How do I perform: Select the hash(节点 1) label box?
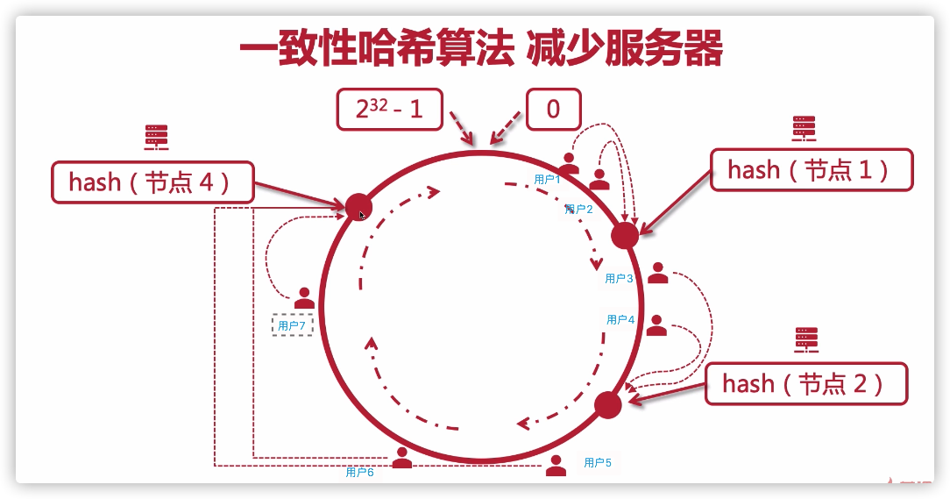(x=812, y=170)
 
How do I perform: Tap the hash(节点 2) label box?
(x=805, y=383)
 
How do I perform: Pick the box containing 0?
(x=553, y=110)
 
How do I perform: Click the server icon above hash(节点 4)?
(x=156, y=138)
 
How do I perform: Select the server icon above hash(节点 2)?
(x=806, y=339)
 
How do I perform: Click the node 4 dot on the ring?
(x=358, y=208)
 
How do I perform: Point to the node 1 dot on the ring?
(x=625, y=235)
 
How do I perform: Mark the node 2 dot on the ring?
(x=608, y=405)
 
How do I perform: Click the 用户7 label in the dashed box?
(x=292, y=326)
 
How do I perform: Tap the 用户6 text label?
(x=360, y=472)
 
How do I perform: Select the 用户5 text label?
(x=598, y=462)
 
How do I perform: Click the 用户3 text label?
(x=619, y=279)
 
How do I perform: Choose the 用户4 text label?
(x=620, y=320)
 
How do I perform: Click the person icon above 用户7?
(x=304, y=297)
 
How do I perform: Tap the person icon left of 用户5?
(x=556, y=465)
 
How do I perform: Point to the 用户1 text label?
(x=547, y=179)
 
